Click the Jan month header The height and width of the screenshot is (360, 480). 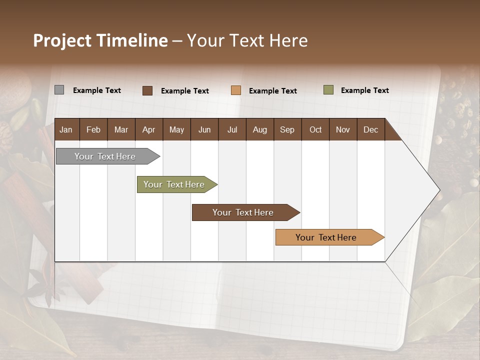[66, 129]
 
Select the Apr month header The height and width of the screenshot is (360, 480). [148, 129]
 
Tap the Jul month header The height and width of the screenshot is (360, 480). [232, 129]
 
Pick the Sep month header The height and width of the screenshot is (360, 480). [287, 129]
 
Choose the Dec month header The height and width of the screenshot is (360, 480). [370, 129]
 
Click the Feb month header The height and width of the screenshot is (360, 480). [93, 129]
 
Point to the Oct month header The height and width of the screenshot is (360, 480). [315, 129]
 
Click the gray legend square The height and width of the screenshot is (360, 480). [59, 90]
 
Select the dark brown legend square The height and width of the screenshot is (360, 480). [147, 90]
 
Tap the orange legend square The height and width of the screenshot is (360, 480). [236, 90]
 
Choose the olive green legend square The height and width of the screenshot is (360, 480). [328, 90]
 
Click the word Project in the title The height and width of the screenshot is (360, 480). [62, 40]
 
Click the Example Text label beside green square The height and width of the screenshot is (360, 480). [364, 90]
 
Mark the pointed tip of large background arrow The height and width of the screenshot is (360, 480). [439, 190]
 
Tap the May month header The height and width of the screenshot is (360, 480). [176, 129]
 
